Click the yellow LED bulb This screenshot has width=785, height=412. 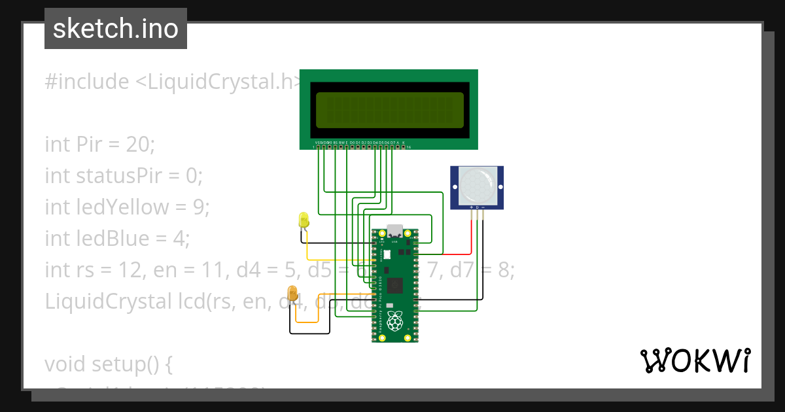point(304,220)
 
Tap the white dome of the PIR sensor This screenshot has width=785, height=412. point(477,184)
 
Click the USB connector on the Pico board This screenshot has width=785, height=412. point(395,232)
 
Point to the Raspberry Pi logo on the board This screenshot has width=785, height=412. point(394,320)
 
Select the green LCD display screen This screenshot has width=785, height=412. point(389,110)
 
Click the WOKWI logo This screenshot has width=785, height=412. point(695,361)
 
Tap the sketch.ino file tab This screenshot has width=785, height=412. point(116,29)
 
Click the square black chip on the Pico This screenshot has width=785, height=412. point(395,285)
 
